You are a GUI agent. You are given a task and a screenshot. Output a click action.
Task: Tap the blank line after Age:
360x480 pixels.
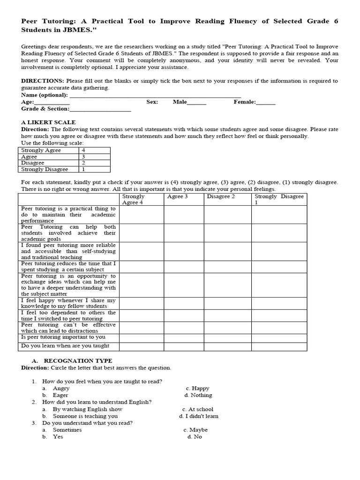pos(52,102)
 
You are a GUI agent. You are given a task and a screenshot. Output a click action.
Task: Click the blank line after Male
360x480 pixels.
pos(197,102)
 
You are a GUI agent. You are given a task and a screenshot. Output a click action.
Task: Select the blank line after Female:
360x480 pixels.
pos(266,102)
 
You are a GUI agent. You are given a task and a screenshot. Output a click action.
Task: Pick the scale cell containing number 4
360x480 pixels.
pos(96,150)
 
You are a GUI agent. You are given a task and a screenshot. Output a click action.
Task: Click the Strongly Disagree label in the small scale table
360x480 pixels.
pos(45,169)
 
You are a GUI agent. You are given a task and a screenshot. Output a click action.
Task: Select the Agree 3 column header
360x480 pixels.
pos(178,196)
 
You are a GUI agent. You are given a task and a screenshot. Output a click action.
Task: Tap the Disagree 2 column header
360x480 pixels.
pos(221,196)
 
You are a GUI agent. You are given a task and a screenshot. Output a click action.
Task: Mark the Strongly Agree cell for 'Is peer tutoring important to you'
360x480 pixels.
pos(141,337)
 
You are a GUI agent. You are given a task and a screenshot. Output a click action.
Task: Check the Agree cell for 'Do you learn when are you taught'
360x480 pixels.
pos(183,346)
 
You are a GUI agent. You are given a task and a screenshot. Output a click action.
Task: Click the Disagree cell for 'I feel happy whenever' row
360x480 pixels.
pos(227,303)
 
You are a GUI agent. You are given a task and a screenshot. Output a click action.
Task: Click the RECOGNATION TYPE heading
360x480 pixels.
pos(78,361)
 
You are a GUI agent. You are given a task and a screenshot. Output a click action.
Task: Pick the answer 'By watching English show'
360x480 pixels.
pos(88,409)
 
